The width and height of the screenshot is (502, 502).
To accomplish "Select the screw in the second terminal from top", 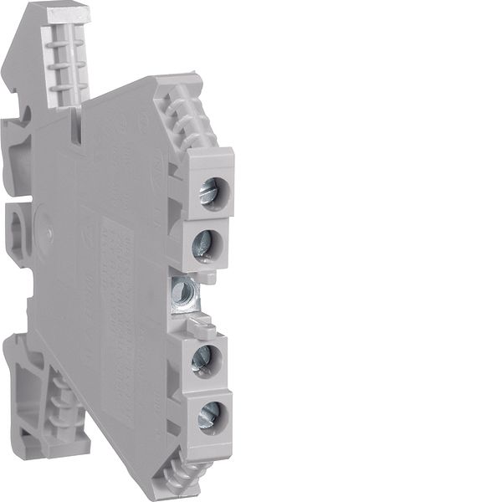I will click(x=202, y=245).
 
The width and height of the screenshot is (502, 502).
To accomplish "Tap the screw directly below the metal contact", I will click(x=202, y=358).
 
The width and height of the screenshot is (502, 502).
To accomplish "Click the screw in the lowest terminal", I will click(x=207, y=412).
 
